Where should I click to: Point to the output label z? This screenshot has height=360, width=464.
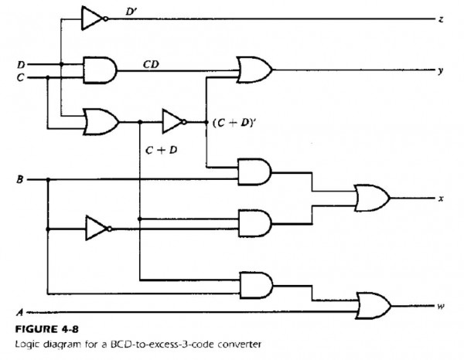click(x=440, y=19)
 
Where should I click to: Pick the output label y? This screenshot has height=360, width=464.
click(x=440, y=70)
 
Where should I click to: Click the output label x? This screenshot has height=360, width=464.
click(x=440, y=199)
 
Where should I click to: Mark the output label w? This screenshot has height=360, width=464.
click(x=440, y=306)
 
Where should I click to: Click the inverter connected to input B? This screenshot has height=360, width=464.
click(x=97, y=229)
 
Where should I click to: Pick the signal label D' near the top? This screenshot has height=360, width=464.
click(x=131, y=12)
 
